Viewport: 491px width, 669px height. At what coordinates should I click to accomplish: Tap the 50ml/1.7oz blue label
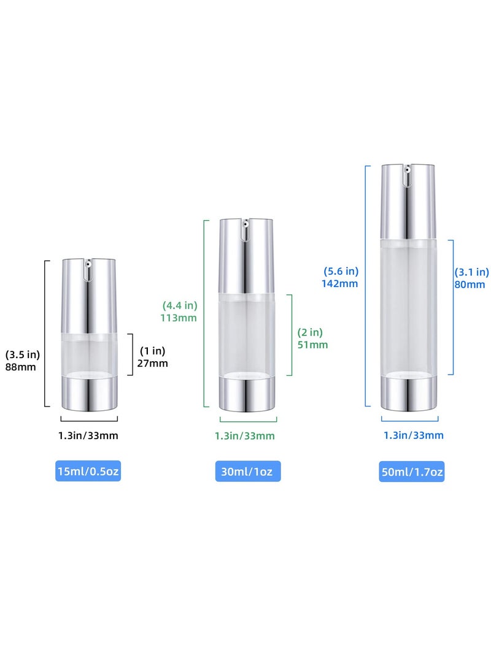[411, 472]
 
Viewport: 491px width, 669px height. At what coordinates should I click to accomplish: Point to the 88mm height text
[21, 367]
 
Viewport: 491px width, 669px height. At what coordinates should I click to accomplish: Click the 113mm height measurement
[179, 318]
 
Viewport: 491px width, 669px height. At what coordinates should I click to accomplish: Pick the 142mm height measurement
[339, 283]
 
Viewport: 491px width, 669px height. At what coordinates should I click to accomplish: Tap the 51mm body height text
[313, 345]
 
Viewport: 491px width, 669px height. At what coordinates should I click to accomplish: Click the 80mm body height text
[470, 285]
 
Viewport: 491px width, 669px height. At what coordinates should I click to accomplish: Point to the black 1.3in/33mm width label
[89, 436]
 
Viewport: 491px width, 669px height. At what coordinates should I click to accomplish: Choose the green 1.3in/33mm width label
[244, 436]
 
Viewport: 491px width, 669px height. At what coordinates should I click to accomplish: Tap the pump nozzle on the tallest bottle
[408, 171]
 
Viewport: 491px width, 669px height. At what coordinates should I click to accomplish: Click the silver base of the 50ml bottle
[409, 393]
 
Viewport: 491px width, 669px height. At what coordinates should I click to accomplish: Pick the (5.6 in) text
[341, 270]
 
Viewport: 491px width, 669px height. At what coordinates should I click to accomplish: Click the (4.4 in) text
[179, 305]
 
